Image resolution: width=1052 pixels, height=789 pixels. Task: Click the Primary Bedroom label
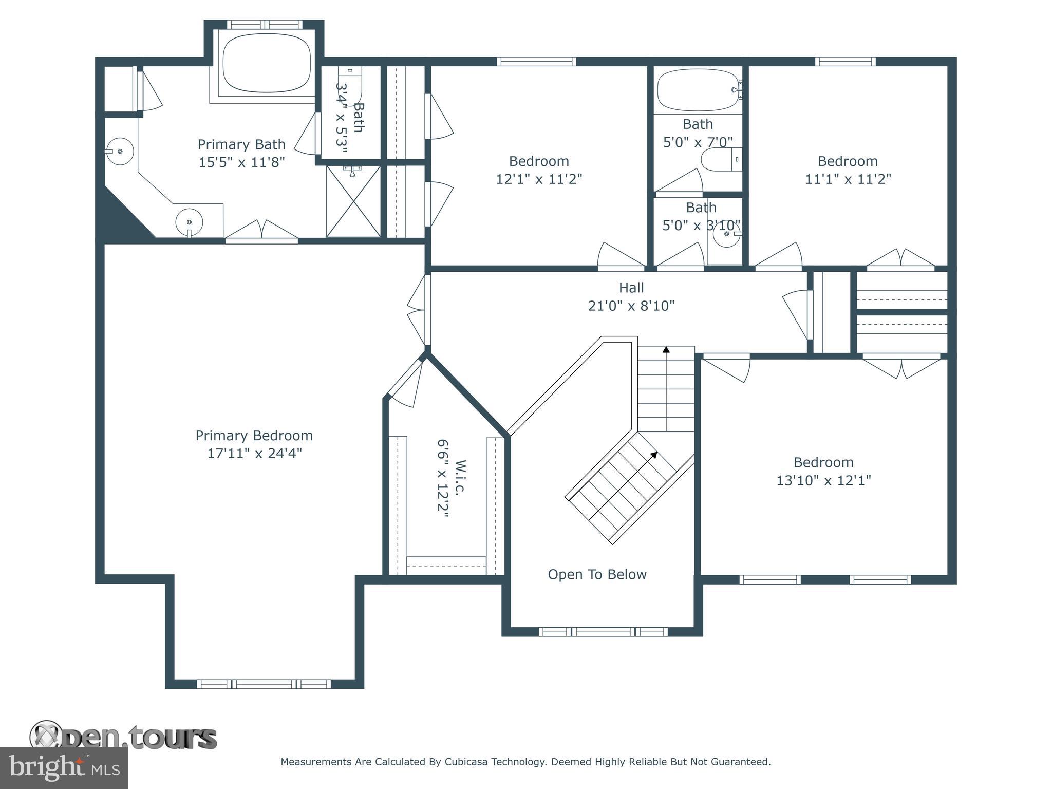point(254,436)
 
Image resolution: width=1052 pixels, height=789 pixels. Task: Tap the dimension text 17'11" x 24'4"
point(254,454)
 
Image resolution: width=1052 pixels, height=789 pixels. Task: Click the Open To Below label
point(597,574)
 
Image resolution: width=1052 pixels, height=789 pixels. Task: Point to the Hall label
point(631,288)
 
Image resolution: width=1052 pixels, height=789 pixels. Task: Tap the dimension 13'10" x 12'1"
point(823,480)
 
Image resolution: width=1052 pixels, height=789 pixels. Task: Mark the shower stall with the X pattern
point(353,201)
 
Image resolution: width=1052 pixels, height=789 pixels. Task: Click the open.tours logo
point(123,738)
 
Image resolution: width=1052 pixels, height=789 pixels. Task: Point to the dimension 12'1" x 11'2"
point(539,179)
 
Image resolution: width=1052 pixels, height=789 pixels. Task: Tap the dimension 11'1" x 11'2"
point(848,179)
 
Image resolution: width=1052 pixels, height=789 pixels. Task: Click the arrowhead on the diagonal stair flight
point(654,454)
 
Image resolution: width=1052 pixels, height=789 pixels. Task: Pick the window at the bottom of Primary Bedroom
point(264,684)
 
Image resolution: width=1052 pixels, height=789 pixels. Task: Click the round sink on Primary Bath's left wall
point(119,151)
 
